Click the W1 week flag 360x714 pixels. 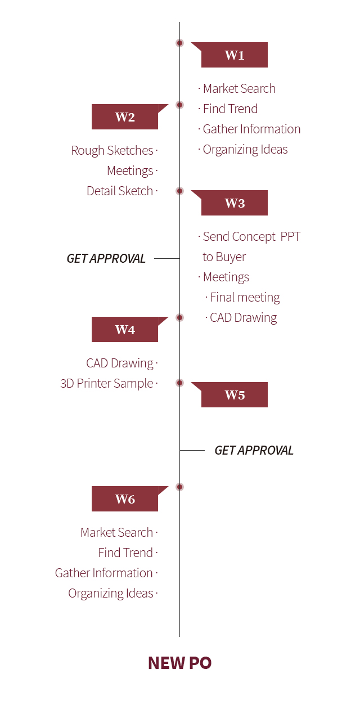point(234,55)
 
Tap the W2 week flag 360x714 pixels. point(125,116)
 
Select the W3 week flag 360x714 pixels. point(234,203)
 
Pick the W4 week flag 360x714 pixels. point(125,329)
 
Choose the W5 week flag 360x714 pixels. point(234,394)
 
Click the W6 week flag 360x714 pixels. point(125,499)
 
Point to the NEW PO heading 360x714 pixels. point(179,663)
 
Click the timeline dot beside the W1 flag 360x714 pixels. point(179,43)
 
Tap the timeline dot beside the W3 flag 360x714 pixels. point(179,191)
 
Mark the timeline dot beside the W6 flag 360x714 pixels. point(179,487)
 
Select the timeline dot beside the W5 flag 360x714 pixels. point(179,383)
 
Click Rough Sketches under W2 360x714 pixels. point(112,150)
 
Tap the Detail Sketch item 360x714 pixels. point(120,191)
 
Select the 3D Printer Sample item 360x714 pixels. point(107,384)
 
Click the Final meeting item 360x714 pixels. point(245,298)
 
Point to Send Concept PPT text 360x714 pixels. point(251,236)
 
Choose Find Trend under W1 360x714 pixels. point(230,109)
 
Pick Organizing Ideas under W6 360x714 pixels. point(111,593)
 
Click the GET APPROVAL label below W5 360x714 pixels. point(254,450)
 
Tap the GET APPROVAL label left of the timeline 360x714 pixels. point(106,258)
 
